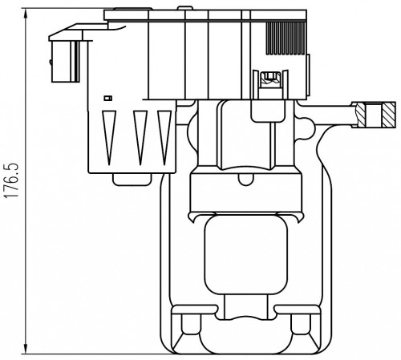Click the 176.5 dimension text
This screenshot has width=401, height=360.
12,180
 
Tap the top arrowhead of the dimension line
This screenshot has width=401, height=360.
26,14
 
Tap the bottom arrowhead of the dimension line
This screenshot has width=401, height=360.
26,349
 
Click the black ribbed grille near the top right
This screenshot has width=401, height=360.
286,38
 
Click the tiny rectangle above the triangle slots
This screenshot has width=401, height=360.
108,98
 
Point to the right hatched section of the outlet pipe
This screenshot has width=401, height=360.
389,115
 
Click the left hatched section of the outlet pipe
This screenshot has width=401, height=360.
361,115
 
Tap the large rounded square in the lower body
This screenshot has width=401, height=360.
245,254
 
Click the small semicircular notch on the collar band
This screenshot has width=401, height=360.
245,180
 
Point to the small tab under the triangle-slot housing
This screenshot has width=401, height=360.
132,180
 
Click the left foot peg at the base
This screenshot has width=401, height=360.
191,324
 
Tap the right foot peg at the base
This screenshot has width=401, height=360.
301,324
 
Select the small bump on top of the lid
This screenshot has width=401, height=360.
185,8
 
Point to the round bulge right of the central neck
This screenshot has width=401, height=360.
306,128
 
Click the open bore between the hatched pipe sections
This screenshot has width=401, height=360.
374,115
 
